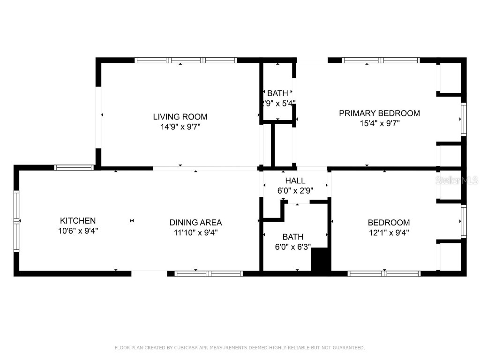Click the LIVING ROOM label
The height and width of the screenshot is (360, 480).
coord(180,117)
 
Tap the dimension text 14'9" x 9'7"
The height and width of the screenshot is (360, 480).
coord(180,127)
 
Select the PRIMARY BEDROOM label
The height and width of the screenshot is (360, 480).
coord(379,113)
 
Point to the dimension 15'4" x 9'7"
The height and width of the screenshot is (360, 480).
coord(379,123)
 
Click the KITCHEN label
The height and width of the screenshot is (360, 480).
coord(78,220)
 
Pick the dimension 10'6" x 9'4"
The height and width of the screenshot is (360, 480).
coord(78,231)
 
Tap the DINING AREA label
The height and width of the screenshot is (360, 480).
coord(195,223)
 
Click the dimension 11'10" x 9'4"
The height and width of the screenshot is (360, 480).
coord(195,232)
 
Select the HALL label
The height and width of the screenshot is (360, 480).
coord(295,180)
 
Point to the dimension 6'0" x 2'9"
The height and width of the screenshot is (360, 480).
coord(295,190)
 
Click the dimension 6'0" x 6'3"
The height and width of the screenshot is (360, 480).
coord(292,247)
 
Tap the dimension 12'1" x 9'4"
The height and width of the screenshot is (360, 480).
coord(389,232)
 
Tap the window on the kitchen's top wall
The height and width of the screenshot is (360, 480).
coord(74,167)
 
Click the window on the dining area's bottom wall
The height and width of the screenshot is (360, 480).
coord(209,273)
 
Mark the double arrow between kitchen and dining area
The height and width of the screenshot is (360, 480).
coord(132,221)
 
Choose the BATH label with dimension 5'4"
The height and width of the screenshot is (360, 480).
coord(278,93)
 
